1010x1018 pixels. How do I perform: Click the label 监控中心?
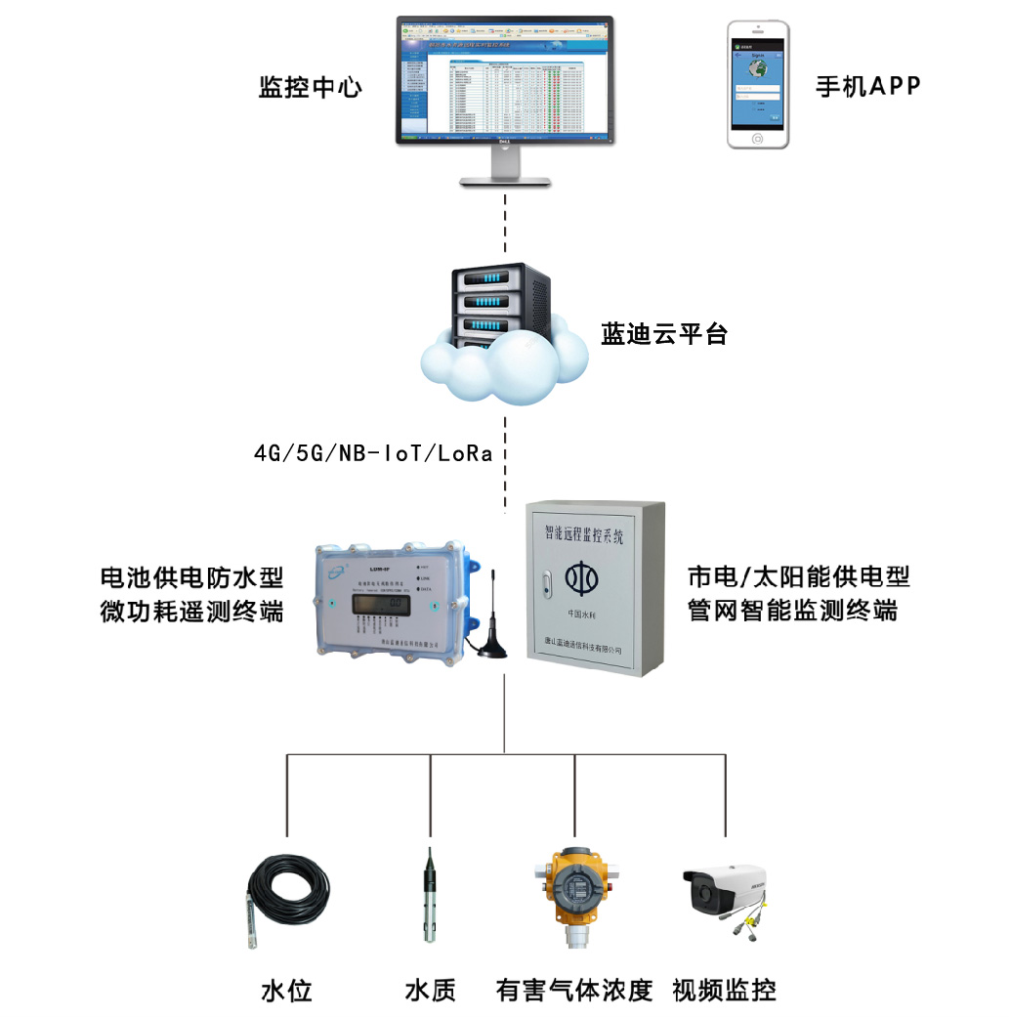coord(310,88)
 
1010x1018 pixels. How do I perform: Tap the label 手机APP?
coord(867,86)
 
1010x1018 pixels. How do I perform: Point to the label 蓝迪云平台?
coord(663,336)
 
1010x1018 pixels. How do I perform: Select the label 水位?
coord(285,991)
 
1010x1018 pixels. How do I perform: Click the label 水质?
coord(430,991)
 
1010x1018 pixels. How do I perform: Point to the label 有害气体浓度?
coord(573,991)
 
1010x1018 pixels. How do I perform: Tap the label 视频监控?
coord(725,991)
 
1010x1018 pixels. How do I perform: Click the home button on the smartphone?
coord(758,139)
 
